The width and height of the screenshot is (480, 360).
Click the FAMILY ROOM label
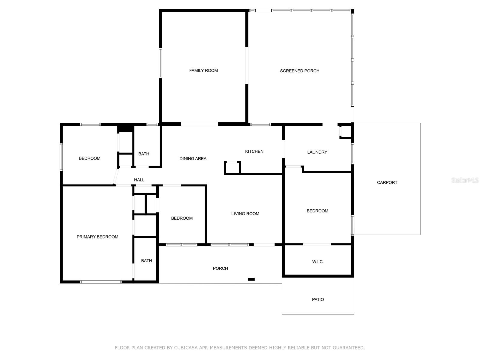click(x=203, y=70)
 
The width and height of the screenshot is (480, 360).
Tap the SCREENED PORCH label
click(x=300, y=71)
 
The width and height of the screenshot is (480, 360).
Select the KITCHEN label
click(x=254, y=151)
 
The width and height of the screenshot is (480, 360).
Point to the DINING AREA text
click(x=193, y=158)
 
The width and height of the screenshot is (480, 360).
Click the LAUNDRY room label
click(x=317, y=152)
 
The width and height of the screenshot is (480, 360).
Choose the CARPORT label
click(x=387, y=182)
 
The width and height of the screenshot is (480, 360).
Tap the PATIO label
click(x=318, y=299)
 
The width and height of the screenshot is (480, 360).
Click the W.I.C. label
click(x=318, y=261)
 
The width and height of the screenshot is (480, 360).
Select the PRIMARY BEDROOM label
click(x=97, y=237)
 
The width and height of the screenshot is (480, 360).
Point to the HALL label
click(x=139, y=180)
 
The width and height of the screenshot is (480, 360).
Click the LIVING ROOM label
click(x=245, y=214)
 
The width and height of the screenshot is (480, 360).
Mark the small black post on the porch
click(x=251, y=279)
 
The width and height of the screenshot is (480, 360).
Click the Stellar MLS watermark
click(x=465, y=180)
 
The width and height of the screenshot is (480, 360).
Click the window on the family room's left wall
click(x=160, y=63)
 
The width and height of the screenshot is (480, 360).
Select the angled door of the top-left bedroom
click(x=116, y=176)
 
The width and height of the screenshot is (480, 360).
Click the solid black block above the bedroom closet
click(x=125, y=129)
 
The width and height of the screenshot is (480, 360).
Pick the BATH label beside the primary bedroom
click(x=146, y=260)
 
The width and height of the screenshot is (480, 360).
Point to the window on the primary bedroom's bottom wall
click(x=101, y=282)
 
